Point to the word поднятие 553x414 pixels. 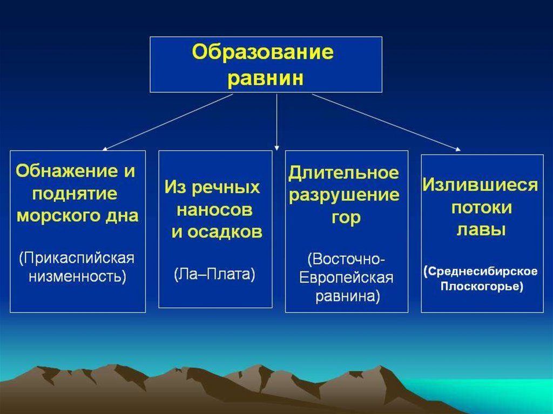point(64,194)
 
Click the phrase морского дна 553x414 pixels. point(77,216)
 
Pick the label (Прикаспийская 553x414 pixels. point(77,257)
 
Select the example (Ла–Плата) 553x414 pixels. point(215,274)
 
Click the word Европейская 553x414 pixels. point(347,277)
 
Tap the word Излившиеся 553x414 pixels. point(481,185)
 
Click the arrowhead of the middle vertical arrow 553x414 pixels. point(276,147)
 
